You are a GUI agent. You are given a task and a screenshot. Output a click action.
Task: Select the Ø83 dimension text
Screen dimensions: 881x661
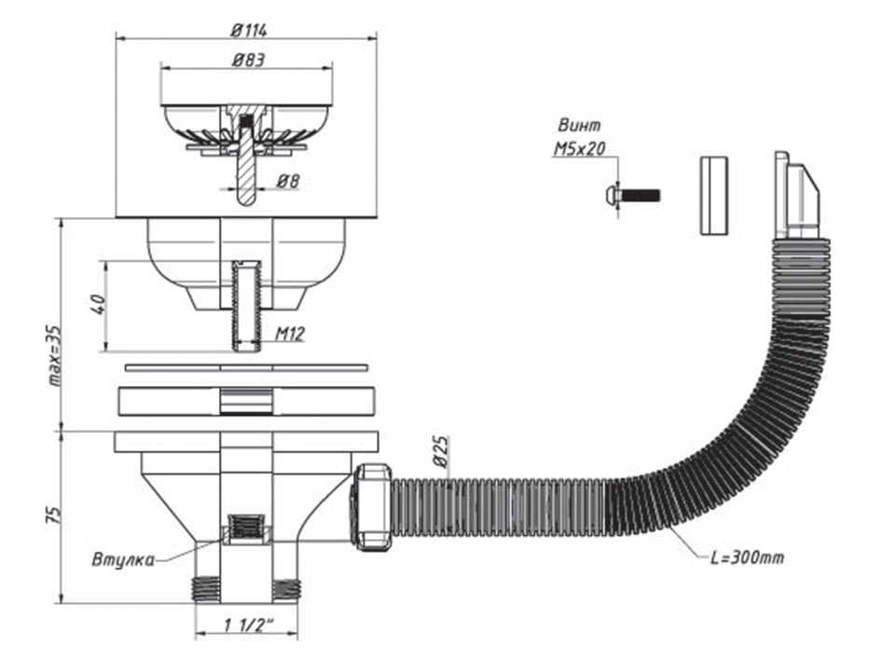tap(248, 60)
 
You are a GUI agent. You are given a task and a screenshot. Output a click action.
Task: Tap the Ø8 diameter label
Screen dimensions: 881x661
tap(288, 181)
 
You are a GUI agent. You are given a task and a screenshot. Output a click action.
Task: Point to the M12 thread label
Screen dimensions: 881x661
tap(290, 335)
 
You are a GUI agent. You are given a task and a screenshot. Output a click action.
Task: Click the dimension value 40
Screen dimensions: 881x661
tap(98, 304)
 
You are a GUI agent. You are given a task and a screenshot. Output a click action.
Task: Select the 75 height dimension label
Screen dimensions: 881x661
tap(53, 516)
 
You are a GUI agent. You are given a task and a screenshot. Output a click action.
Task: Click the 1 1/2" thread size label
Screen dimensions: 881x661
tap(248, 625)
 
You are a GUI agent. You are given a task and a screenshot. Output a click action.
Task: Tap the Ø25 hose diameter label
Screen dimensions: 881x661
tap(441, 451)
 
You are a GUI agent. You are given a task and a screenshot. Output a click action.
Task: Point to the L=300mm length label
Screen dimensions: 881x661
tap(748, 558)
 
